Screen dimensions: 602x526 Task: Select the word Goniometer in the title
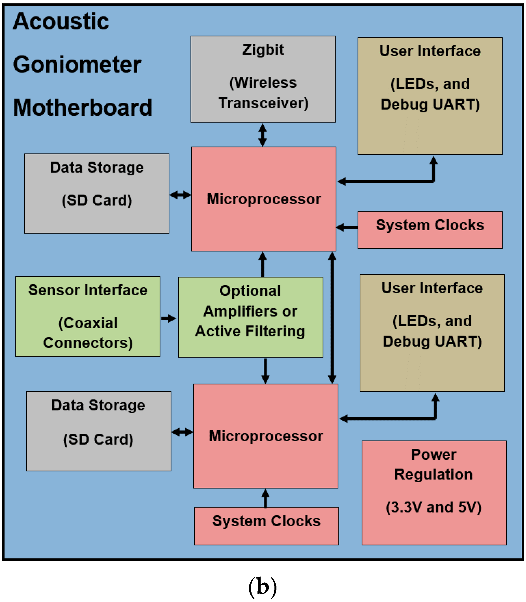click(x=77, y=64)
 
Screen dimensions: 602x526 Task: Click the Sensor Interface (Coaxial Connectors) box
click(x=88, y=316)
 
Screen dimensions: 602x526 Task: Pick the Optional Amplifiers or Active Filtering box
click(x=250, y=317)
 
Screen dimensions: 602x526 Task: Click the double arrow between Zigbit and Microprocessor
click(x=262, y=135)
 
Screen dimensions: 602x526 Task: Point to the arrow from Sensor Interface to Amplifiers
click(x=168, y=318)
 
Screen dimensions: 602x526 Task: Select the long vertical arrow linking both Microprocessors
click(x=332, y=318)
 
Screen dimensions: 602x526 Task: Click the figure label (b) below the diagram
click(x=262, y=587)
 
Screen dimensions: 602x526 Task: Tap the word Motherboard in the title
click(x=83, y=108)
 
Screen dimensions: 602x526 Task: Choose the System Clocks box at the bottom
click(x=266, y=526)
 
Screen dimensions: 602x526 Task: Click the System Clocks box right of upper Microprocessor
click(x=430, y=230)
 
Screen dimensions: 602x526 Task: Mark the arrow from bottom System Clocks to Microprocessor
click(x=265, y=498)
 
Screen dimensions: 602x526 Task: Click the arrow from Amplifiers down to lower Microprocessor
click(x=265, y=370)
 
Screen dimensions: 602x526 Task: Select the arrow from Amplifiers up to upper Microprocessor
click(x=262, y=264)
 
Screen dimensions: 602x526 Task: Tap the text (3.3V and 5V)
click(x=433, y=507)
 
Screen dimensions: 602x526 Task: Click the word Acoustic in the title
click(x=61, y=21)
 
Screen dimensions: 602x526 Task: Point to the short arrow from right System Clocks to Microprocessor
click(x=347, y=227)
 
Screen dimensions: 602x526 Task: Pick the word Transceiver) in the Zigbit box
click(x=263, y=103)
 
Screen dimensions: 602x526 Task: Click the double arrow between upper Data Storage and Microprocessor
click(x=180, y=195)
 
